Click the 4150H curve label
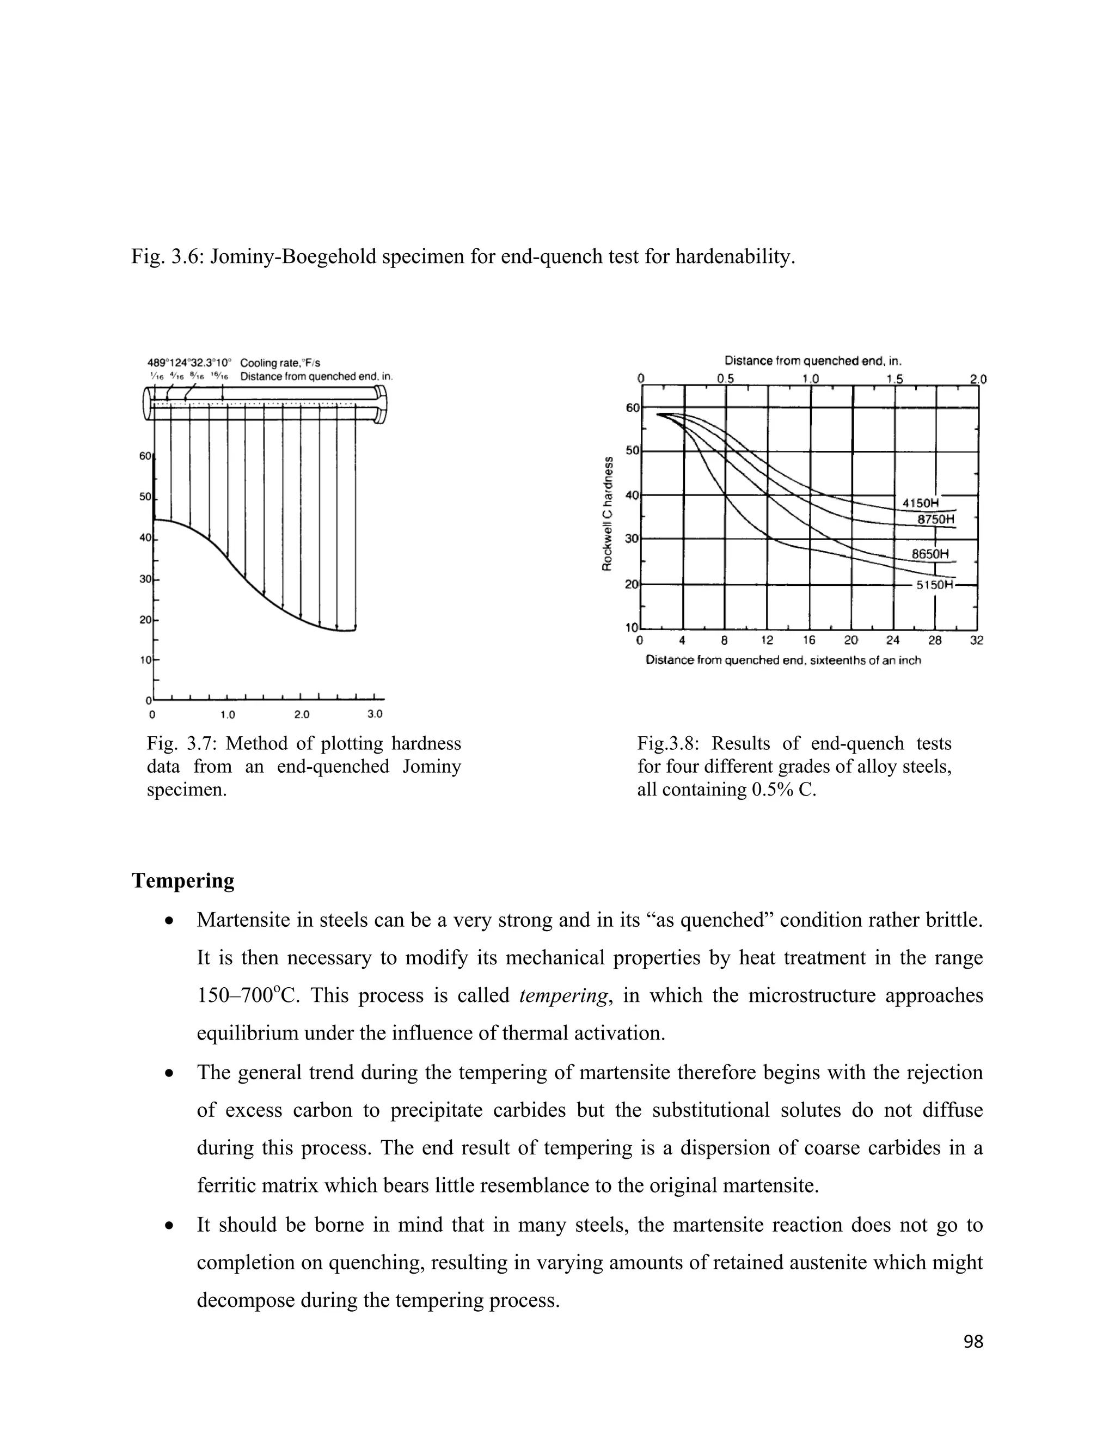pyautogui.click(x=920, y=503)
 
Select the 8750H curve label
pyautogui.click(x=936, y=519)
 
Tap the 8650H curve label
pyautogui.click(x=930, y=554)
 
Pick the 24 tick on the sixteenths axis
pyautogui.click(x=892, y=640)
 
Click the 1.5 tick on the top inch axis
pyautogui.click(x=895, y=379)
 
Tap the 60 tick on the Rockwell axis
pyautogui.click(x=632, y=408)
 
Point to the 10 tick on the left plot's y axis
pyautogui.click(x=145, y=659)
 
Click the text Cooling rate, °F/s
pyautogui.click(x=280, y=363)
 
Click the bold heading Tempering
pyautogui.click(x=183, y=881)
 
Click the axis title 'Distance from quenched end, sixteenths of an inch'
pyautogui.click(x=783, y=660)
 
